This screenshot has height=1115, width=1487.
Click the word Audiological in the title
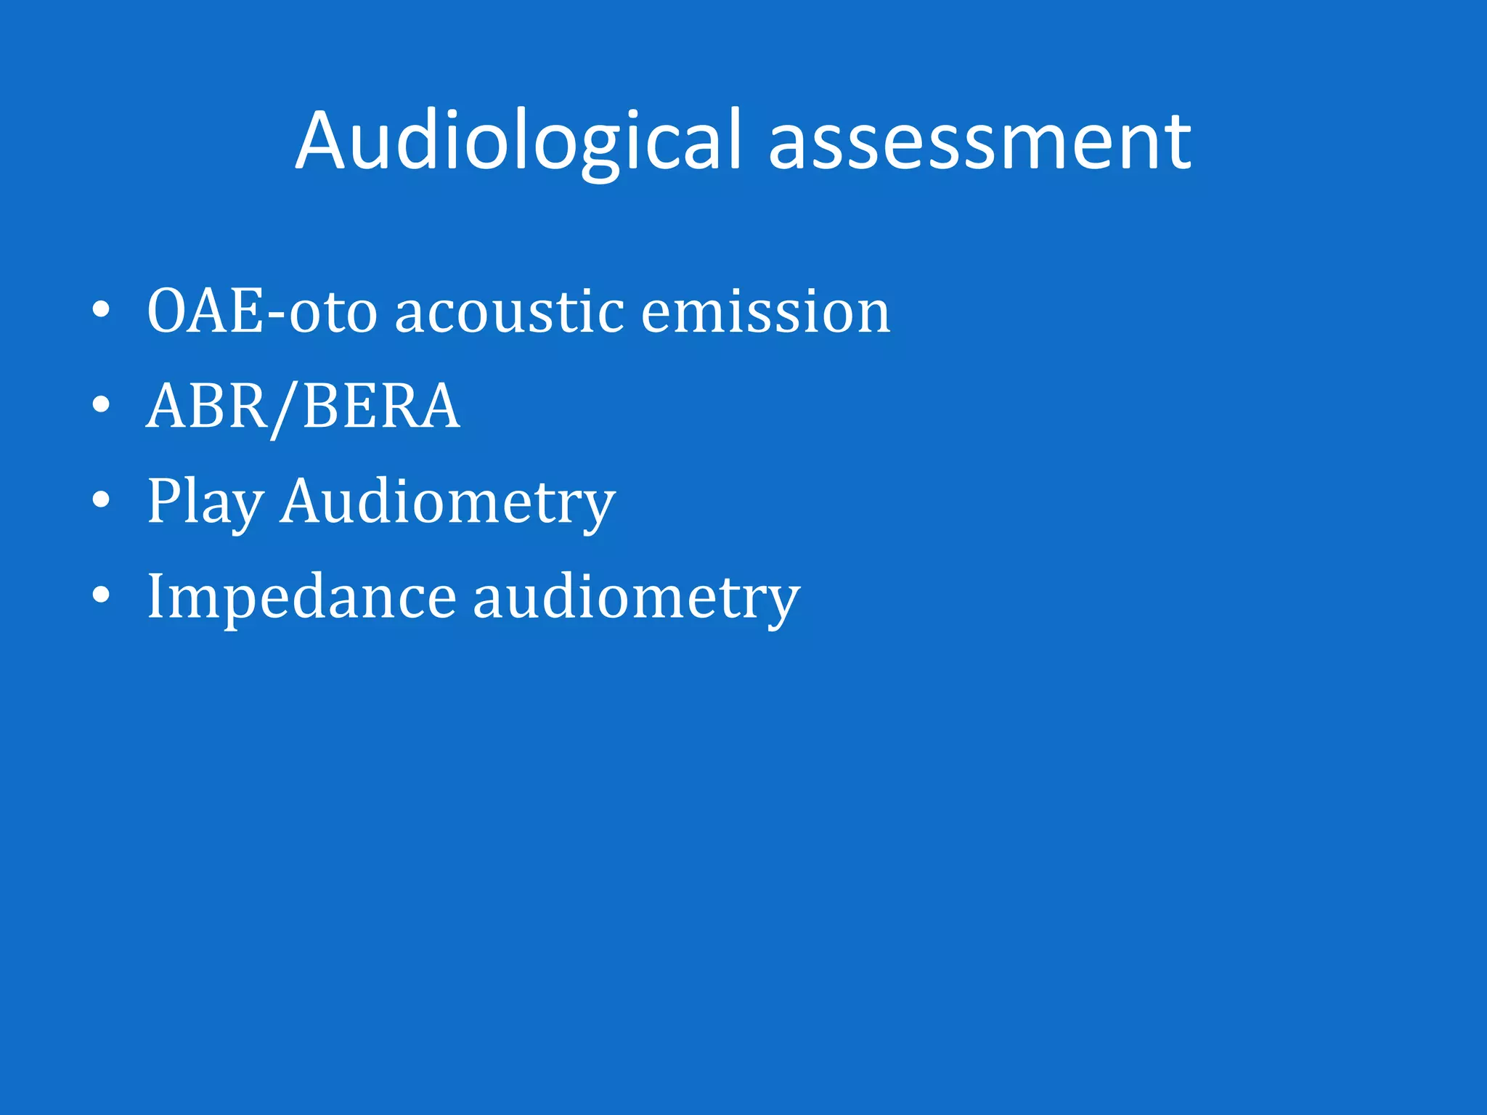click(518, 142)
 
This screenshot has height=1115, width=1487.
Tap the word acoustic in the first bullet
click(509, 312)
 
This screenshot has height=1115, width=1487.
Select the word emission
click(765, 312)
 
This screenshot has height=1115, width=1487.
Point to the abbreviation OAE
click(205, 312)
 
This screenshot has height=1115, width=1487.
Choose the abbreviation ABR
click(208, 407)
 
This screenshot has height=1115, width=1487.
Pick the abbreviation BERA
click(381, 407)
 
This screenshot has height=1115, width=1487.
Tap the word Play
click(205, 502)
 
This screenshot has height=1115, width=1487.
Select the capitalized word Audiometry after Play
click(448, 502)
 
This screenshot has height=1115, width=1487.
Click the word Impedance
click(301, 597)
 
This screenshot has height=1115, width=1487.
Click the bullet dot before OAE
click(102, 311)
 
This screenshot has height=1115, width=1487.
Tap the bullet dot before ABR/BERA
click(102, 405)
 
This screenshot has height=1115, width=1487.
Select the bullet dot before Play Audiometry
click(102, 500)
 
